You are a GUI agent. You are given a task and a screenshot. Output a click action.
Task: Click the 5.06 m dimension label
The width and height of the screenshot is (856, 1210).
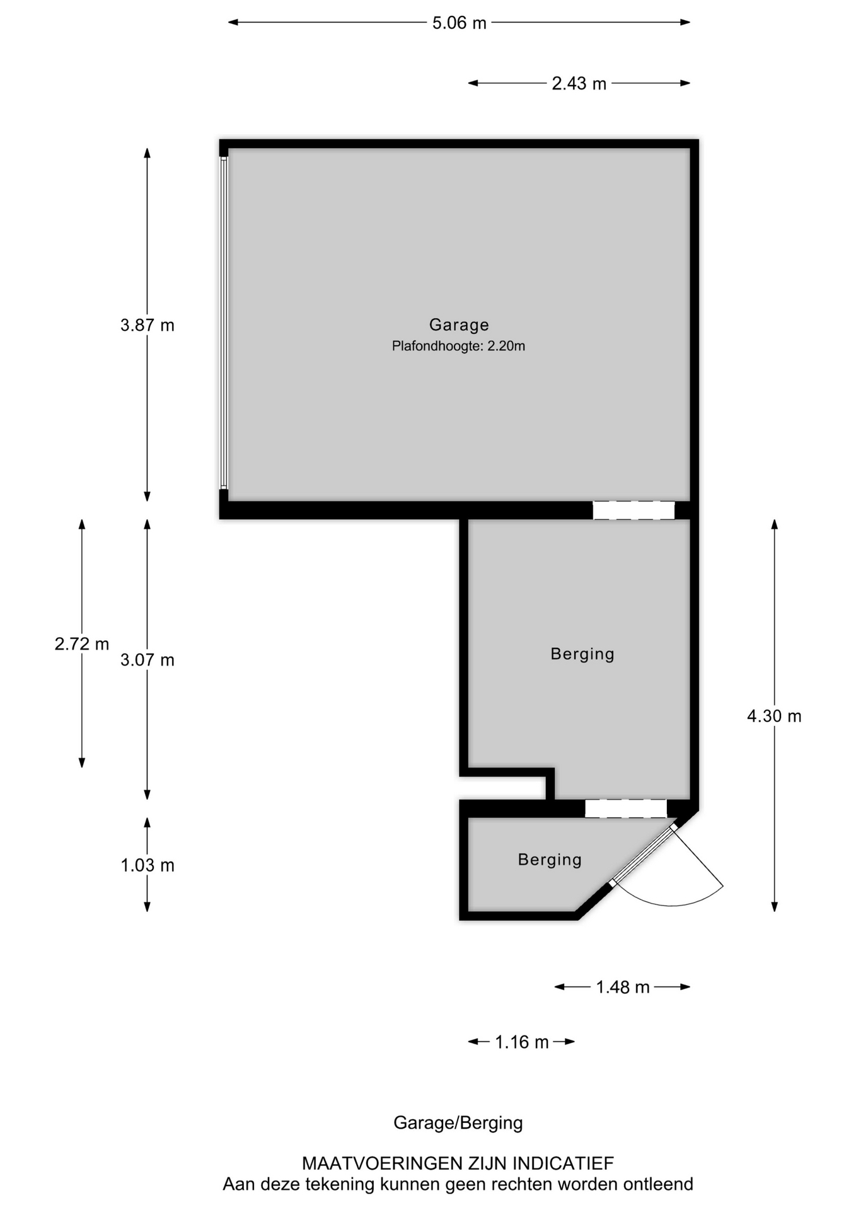(459, 23)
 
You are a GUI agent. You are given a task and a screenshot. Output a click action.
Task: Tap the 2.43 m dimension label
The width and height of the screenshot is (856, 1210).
(579, 84)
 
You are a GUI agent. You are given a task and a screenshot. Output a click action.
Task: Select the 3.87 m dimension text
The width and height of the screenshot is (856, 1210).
(147, 325)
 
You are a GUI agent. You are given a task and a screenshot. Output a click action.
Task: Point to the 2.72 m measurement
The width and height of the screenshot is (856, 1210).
(81, 644)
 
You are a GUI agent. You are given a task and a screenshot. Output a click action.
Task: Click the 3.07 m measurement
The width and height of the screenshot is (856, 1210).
(147, 660)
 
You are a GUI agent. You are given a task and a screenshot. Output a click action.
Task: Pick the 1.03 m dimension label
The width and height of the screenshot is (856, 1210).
(147, 865)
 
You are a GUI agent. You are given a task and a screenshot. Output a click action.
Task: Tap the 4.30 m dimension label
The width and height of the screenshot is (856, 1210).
(774, 716)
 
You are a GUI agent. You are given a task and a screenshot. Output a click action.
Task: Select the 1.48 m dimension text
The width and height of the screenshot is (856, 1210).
(622, 987)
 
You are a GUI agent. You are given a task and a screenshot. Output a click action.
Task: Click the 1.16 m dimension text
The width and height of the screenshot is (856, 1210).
(521, 1042)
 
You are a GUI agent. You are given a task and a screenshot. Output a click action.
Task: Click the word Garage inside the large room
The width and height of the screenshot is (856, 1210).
(459, 325)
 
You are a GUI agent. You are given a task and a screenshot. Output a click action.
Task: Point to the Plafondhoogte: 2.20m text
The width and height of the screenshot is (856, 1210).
(458, 346)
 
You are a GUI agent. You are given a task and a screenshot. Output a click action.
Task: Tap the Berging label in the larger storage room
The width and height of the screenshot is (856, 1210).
(582, 654)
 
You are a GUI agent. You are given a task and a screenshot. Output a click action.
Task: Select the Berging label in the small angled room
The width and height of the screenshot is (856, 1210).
(550, 860)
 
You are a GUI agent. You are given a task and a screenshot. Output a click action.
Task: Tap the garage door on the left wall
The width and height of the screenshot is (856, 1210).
(224, 323)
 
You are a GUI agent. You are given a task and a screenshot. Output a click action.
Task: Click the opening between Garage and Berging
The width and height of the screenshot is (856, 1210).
(633, 510)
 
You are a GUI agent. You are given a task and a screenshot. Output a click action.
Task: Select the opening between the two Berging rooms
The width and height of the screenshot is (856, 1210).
(625, 809)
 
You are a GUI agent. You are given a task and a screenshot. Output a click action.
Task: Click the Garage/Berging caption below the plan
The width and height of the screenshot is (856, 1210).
(458, 1123)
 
